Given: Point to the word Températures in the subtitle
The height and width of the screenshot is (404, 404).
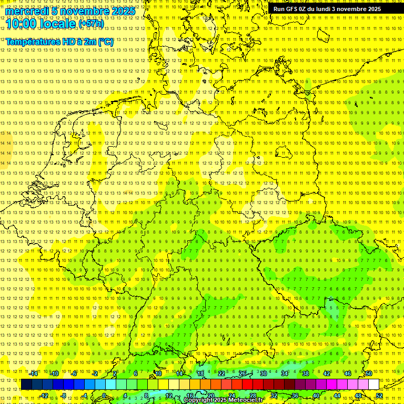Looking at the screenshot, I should [30, 42].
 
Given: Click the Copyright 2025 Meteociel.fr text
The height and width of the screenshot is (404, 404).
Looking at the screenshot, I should [223, 400].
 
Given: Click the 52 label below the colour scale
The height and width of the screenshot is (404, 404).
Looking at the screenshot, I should [379, 395].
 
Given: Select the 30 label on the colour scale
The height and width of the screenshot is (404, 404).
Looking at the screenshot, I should [264, 373].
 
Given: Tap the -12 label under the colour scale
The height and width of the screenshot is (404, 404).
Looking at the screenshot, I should [44, 395].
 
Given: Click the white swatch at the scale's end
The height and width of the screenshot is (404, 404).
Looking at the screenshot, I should [373, 384].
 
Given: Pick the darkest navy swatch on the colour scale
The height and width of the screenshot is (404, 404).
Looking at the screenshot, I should [27, 384].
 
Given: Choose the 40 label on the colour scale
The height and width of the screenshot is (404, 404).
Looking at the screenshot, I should [316, 395].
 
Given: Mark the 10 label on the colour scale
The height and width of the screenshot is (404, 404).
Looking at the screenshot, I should [158, 373].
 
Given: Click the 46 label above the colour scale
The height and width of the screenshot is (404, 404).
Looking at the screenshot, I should [348, 373].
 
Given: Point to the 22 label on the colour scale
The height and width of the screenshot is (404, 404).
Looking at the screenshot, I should [221, 373].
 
